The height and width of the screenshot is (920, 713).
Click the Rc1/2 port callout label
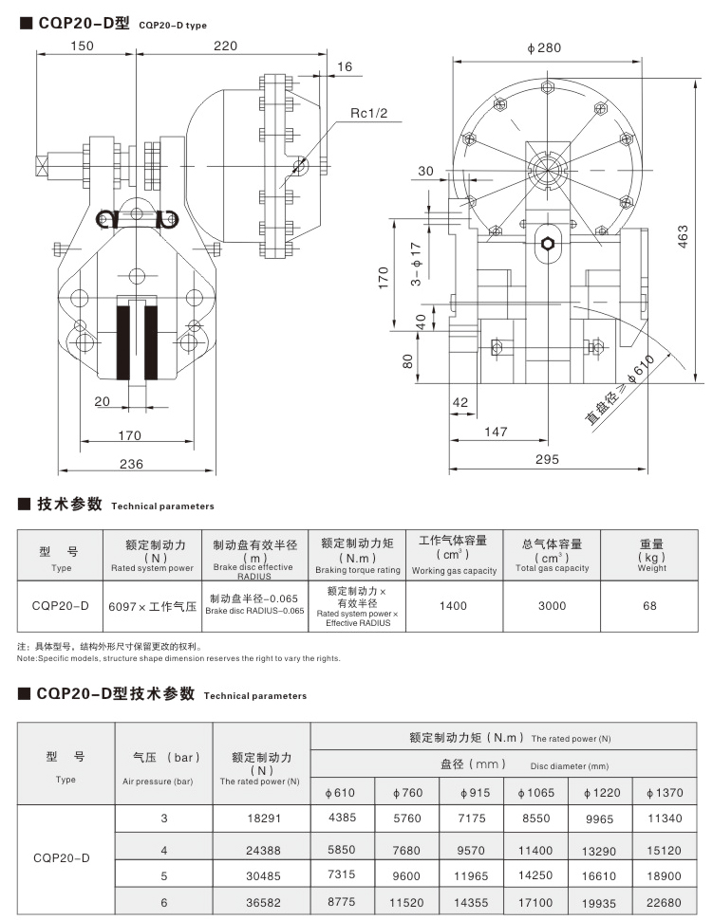click(x=370, y=113)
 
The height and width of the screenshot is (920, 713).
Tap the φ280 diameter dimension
click(x=543, y=47)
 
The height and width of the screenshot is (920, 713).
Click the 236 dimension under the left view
click(x=132, y=463)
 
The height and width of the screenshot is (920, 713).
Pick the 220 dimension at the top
click(x=225, y=45)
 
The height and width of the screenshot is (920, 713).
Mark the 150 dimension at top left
click(x=83, y=45)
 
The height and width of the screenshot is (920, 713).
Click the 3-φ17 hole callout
click(x=415, y=265)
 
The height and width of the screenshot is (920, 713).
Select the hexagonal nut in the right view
click(x=548, y=243)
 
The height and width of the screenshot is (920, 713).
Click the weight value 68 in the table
click(x=649, y=605)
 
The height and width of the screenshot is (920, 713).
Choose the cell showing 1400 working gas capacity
click(x=453, y=605)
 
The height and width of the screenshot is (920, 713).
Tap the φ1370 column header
click(x=662, y=792)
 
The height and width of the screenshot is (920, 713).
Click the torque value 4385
click(x=343, y=818)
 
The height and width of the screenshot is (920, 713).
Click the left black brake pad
click(x=123, y=341)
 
